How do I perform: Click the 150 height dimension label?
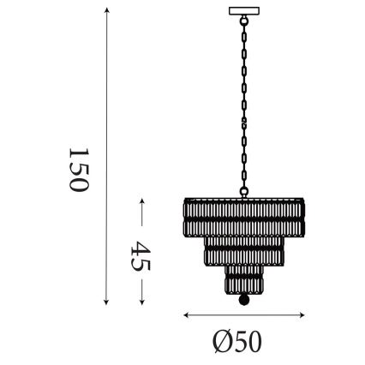pyautogui.click(x=78, y=168)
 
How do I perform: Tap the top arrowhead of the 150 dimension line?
pyautogui.click(x=106, y=10)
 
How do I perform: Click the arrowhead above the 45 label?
pyautogui.click(x=142, y=201)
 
